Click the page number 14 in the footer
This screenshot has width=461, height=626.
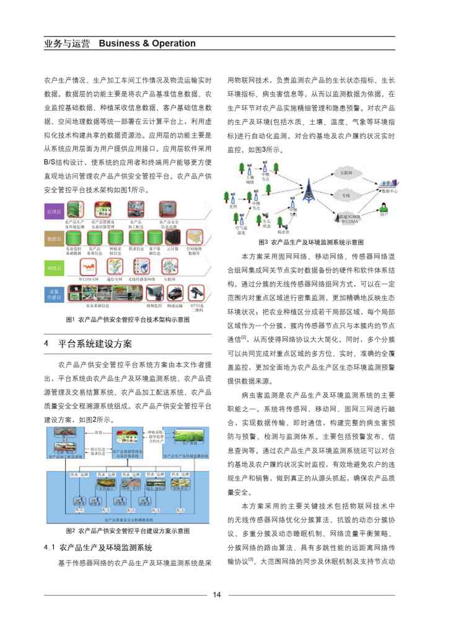coord(217,595)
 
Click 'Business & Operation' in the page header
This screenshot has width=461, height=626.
coord(147,43)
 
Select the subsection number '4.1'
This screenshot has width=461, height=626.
coord(50,548)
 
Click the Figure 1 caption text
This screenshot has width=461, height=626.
coord(127,320)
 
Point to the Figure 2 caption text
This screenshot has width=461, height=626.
coord(127,531)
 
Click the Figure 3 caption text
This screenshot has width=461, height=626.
coord(310,241)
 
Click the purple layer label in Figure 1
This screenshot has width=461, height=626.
coord(55,212)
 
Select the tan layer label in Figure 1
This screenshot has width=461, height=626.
coord(55,238)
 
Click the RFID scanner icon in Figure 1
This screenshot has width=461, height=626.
coord(198,293)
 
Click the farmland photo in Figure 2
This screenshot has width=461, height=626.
coord(180,452)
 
